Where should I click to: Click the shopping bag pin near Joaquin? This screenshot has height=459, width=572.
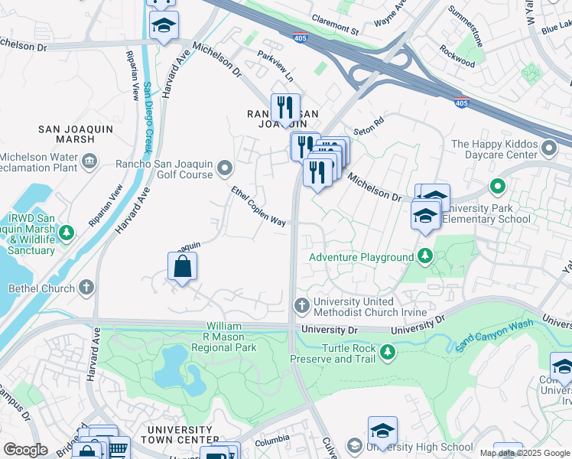[183, 267]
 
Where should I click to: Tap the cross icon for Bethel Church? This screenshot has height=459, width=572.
[86, 288]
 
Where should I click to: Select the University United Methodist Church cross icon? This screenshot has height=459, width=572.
[301, 306]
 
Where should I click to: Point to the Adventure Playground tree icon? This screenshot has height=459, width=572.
[426, 257]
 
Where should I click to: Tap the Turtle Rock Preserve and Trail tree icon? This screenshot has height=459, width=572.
[388, 352]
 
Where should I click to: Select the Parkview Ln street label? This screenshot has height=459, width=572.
[275, 67]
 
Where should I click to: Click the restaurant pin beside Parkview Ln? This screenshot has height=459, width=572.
[285, 108]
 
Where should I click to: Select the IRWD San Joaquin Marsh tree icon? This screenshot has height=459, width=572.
[67, 232]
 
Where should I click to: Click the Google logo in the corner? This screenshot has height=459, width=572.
[25, 451]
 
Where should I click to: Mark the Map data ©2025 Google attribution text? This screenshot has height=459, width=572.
[525, 453]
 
